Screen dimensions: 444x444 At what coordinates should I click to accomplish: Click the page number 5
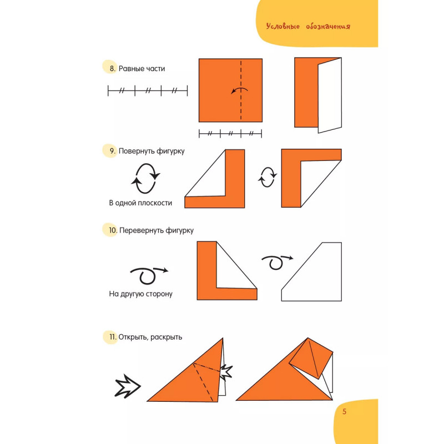(x=344, y=411)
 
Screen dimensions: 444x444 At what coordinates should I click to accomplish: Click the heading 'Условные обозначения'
(x=308, y=26)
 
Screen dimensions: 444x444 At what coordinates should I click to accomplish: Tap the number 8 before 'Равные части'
(x=113, y=68)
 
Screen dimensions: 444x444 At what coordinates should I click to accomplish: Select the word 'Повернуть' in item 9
(x=137, y=151)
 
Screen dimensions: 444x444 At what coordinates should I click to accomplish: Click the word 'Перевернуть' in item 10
(x=142, y=230)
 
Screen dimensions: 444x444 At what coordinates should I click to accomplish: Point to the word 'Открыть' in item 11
(x=133, y=337)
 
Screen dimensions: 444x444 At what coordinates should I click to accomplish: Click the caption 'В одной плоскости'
(x=140, y=203)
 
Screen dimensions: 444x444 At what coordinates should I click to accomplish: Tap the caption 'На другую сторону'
(x=141, y=294)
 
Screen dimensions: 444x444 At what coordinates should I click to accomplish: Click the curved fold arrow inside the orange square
(x=240, y=89)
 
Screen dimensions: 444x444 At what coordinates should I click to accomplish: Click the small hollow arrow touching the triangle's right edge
(x=226, y=372)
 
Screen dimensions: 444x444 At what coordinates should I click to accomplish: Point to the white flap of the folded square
(x=330, y=95)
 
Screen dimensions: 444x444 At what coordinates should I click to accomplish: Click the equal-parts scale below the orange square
(x=230, y=133)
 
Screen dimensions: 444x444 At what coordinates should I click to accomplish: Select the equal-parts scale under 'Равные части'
(x=148, y=91)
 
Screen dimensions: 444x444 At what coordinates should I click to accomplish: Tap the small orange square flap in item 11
(x=311, y=359)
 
